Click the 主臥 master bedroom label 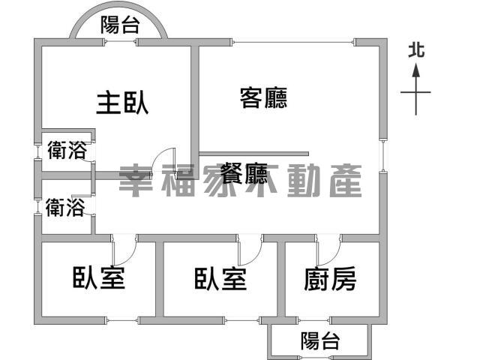(x=122, y=103)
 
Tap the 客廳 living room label (x=263, y=98)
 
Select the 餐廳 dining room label (x=244, y=173)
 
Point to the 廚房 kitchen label (x=330, y=278)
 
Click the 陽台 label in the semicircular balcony (x=121, y=25)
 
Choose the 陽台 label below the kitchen (x=320, y=340)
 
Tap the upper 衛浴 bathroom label (x=67, y=150)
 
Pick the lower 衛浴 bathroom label (x=65, y=207)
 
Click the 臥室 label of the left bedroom (x=99, y=278)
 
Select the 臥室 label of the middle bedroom (x=220, y=279)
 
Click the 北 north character (x=416, y=50)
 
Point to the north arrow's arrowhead (x=415, y=70)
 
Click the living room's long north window (x=293, y=42)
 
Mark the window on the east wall (x=383, y=156)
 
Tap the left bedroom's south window (x=121, y=321)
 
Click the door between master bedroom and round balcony (x=120, y=42)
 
